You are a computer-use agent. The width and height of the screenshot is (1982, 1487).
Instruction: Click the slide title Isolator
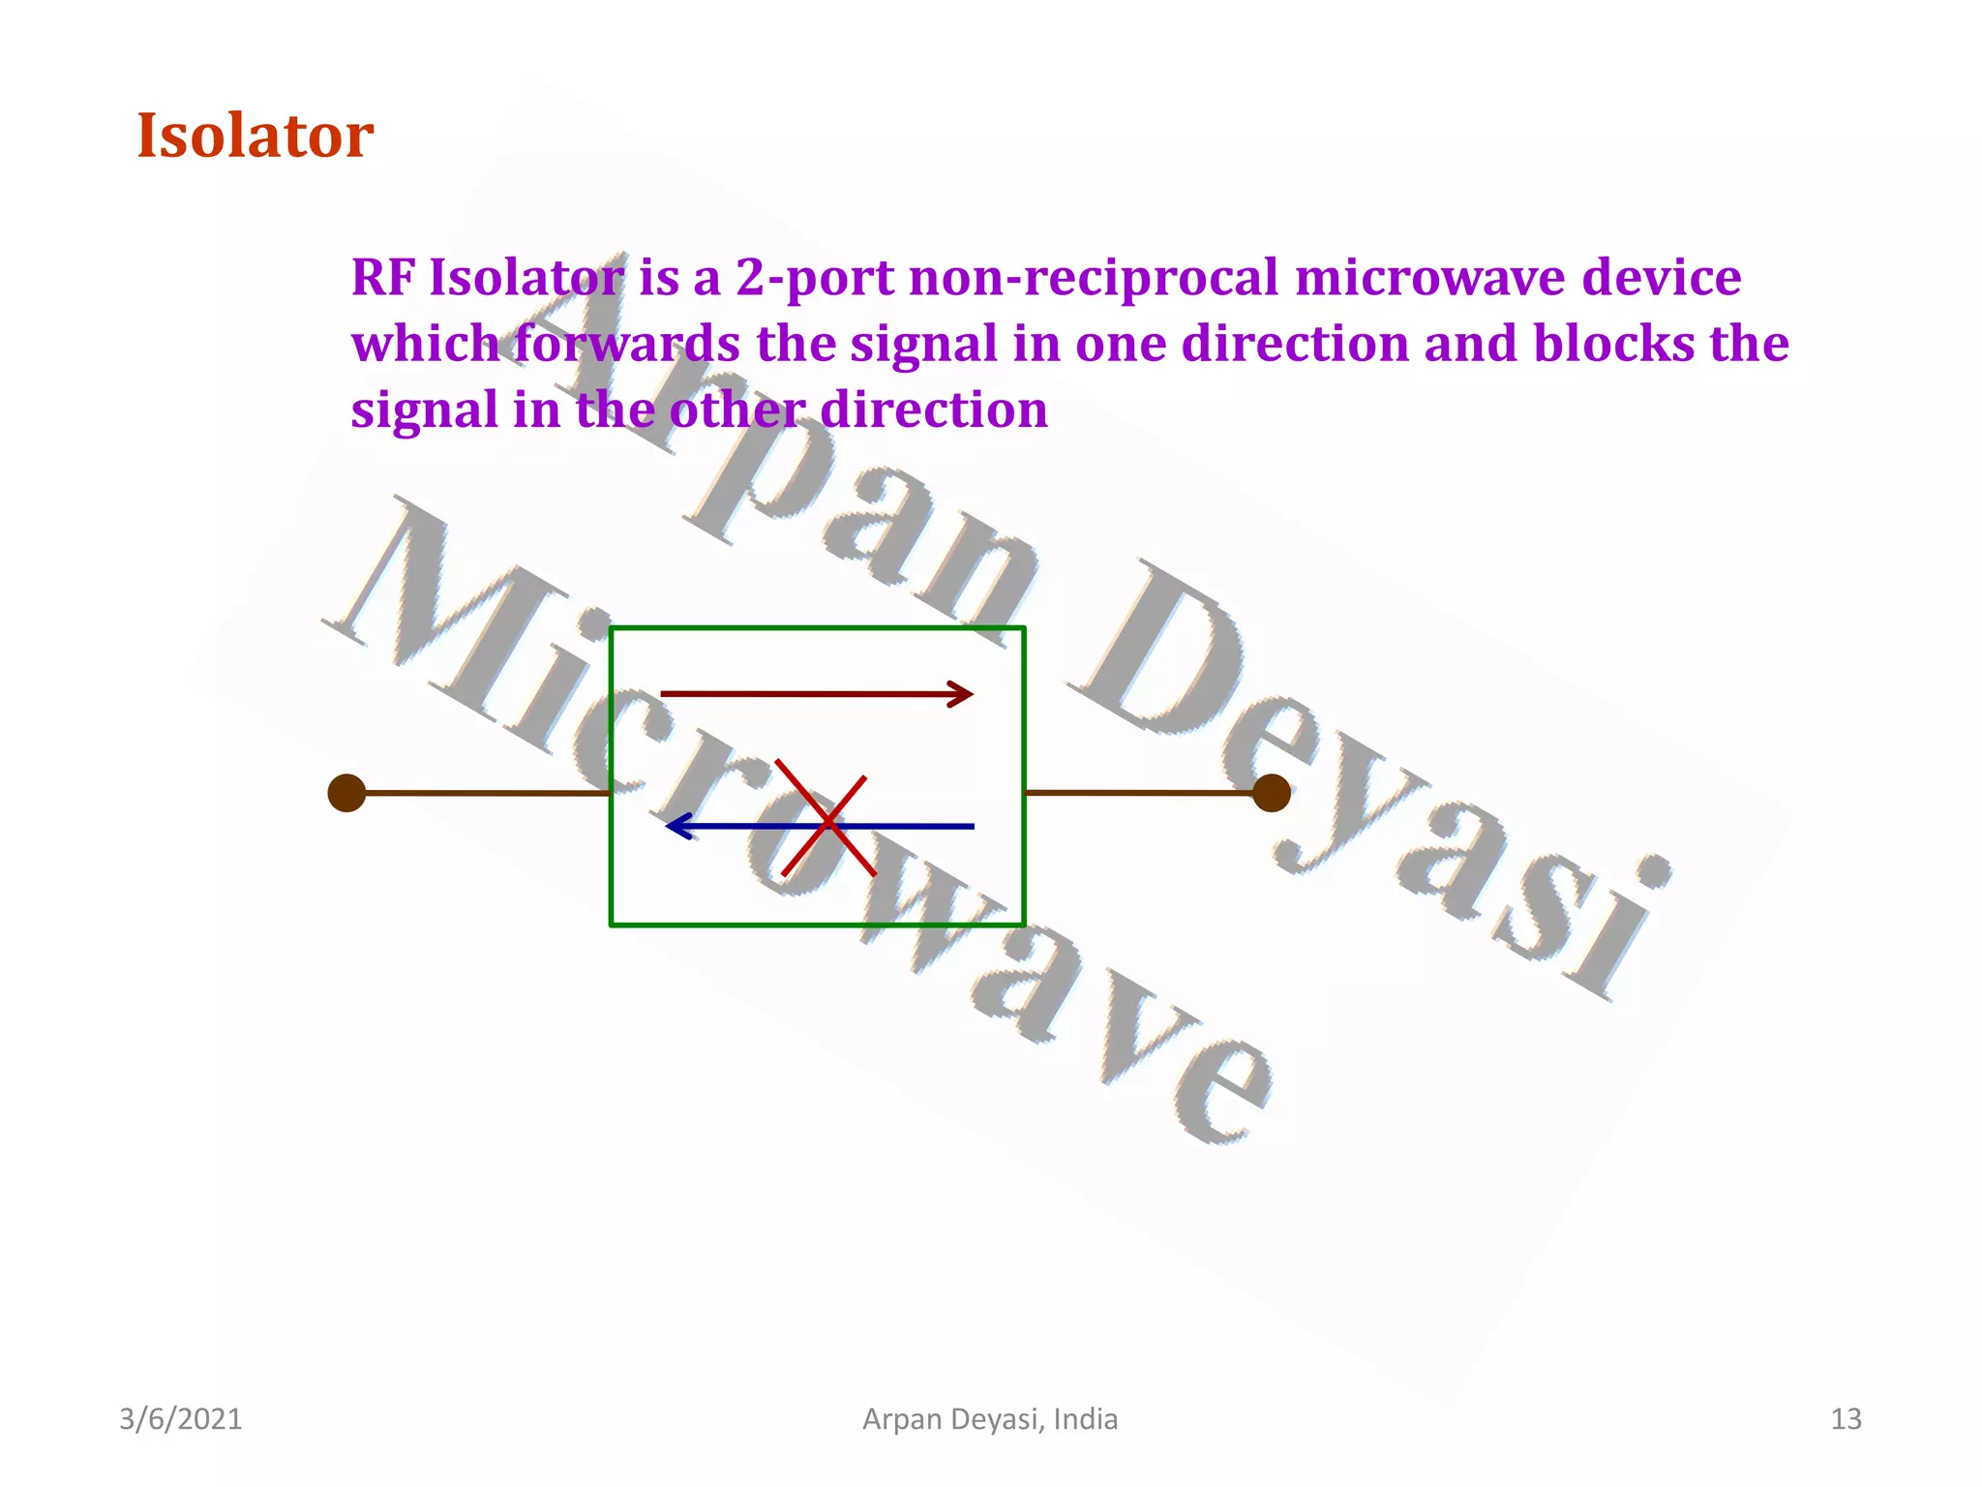coord(255,136)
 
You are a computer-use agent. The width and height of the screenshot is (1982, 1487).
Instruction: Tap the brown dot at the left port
coord(346,793)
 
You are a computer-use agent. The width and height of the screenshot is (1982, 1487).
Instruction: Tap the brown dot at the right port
coord(1271,793)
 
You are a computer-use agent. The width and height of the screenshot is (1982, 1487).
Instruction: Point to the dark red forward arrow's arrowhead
coord(961,694)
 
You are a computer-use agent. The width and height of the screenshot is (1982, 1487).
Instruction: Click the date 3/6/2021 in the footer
coord(180,1419)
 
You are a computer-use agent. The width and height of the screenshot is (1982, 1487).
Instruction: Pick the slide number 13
coord(1846,1419)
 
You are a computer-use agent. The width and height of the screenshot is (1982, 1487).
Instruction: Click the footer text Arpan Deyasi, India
coord(990,1419)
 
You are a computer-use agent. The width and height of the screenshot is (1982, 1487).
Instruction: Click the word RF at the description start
coord(381,279)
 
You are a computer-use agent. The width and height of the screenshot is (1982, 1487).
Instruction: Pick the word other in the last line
coord(736,410)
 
